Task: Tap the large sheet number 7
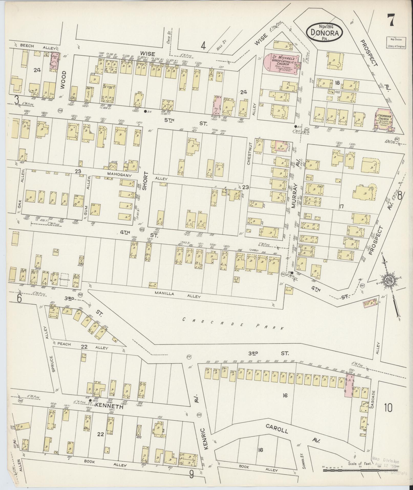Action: [x=391, y=20]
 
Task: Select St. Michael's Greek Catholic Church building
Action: [x=282, y=64]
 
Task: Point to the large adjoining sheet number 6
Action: [x=19, y=298]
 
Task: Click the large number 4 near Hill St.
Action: [x=203, y=46]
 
